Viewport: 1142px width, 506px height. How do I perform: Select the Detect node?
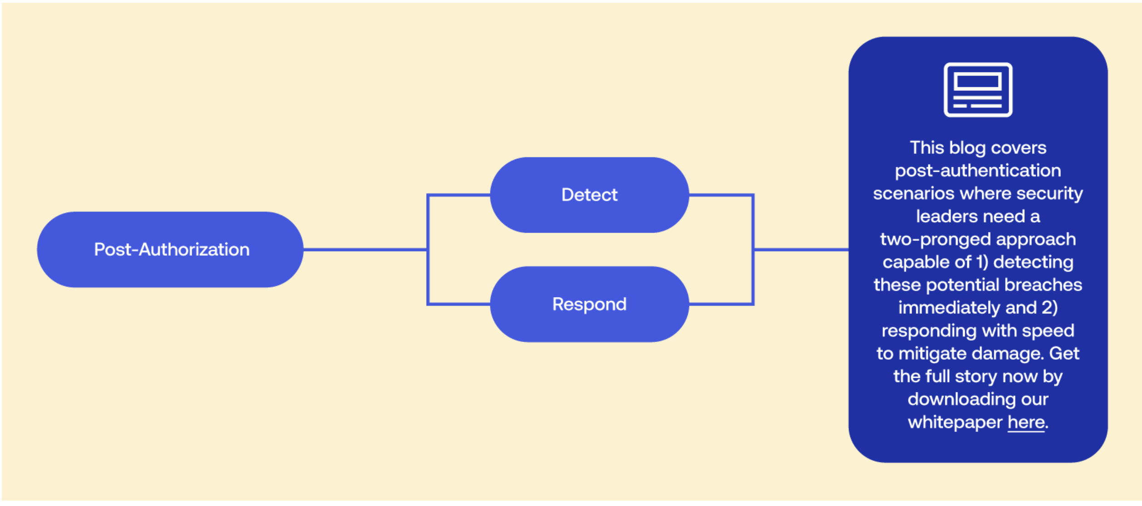(589, 195)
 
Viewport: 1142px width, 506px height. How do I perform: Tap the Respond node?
(589, 304)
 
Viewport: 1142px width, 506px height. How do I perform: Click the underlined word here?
(1026, 422)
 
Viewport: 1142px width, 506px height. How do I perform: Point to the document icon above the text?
(978, 90)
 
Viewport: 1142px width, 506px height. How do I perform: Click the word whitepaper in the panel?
(955, 422)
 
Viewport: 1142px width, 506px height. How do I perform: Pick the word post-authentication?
(978, 171)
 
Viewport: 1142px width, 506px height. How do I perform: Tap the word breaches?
(1043, 285)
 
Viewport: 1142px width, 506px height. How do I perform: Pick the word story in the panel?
(976, 377)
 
